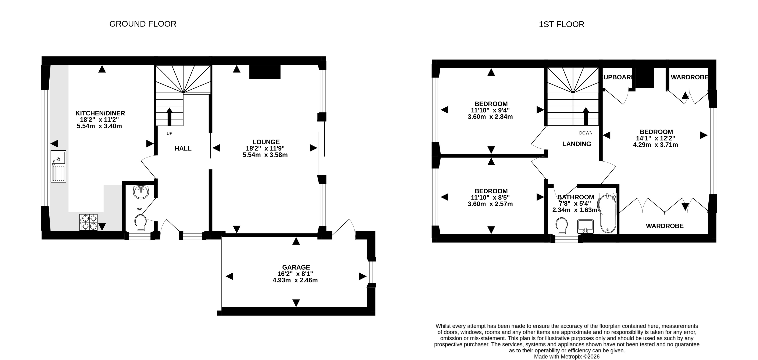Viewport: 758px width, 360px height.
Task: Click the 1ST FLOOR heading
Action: pyautogui.click(x=561, y=24)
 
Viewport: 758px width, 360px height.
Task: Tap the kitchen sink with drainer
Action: pyautogui.click(x=58, y=166)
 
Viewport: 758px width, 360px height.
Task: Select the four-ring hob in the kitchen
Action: pyautogui.click(x=88, y=222)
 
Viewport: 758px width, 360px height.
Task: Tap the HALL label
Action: pyautogui.click(x=183, y=148)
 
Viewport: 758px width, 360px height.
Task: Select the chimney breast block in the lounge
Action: pyautogui.click(x=265, y=72)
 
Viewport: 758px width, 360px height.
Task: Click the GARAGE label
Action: pyautogui.click(x=296, y=267)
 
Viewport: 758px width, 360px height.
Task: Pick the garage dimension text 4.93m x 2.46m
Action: pyautogui.click(x=295, y=280)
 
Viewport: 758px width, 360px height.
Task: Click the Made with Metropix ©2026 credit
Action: pyautogui.click(x=567, y=356)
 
